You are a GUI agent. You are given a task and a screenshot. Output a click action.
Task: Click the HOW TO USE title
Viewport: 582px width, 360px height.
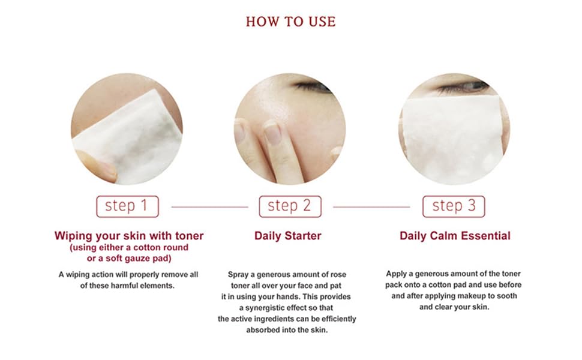290,22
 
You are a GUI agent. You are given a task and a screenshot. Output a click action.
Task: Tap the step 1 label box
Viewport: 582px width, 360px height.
127,206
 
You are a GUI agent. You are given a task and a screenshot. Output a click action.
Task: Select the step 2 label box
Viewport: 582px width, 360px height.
290,206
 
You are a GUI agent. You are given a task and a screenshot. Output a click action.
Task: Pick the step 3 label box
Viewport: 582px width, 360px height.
454,206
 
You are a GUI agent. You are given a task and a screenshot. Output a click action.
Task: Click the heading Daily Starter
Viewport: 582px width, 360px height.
287,236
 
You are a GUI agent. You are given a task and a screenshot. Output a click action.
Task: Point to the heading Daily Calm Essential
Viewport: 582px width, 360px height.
455,236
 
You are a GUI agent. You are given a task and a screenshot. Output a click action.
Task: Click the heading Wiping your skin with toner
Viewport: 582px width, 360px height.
129,236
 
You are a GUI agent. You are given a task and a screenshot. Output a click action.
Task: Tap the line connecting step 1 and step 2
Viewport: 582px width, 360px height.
209,207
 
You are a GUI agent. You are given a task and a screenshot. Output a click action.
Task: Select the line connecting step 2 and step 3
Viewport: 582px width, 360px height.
371,207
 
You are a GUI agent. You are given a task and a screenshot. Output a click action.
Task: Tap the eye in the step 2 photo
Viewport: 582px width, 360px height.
312,86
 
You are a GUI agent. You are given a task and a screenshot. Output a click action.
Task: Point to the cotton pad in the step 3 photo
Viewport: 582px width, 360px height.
454,139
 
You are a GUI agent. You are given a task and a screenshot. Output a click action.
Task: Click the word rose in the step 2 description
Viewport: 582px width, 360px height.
338,275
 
